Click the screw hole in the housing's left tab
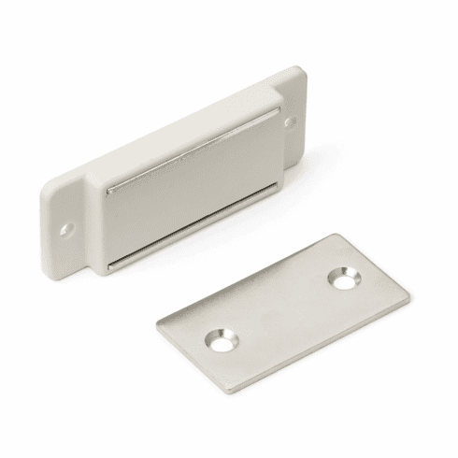[65, 227]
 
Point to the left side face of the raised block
[99, 224]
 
